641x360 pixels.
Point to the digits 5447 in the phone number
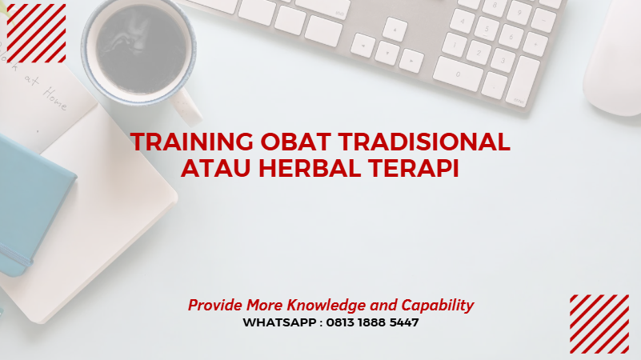[x=403, y=323]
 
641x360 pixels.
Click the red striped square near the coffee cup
[x=36, y=33]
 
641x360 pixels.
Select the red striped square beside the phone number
[x=599, y=324]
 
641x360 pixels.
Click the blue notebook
[x=28, y=200]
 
